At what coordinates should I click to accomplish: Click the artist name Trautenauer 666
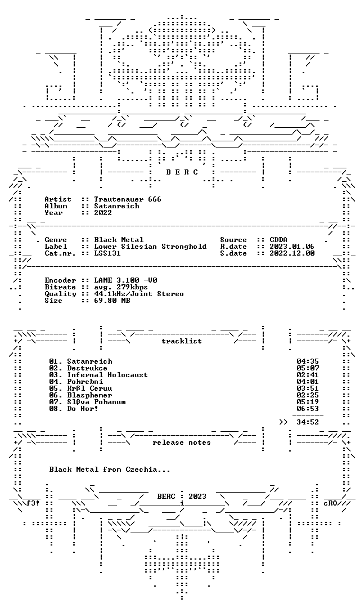pos(128,199)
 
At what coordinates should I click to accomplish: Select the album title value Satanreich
pos(116,206)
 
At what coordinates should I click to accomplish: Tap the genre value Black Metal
pos(119,240)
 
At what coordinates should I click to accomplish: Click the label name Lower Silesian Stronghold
pos(150,247)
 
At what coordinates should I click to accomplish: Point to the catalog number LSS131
pos(107,253)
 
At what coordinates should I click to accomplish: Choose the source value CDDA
pos(278,240)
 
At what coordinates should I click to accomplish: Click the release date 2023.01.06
pos(292,247)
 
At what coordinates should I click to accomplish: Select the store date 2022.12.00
pos(292,253)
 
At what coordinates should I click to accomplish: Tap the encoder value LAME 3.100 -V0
pos(125,280)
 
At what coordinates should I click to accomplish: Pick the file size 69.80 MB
pos(112,301)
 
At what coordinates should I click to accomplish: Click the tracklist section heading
pos(182,341)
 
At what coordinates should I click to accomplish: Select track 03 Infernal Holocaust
pos(98,375)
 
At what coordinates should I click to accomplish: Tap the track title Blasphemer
pos(89,395)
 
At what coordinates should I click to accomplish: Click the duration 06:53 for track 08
pos(308,409)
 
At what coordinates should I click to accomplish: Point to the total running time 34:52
pos(308,422)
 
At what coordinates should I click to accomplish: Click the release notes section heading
pos(182,442)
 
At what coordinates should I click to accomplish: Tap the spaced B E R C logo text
pos(182,172)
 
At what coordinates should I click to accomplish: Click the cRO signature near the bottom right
pos(330,503)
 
